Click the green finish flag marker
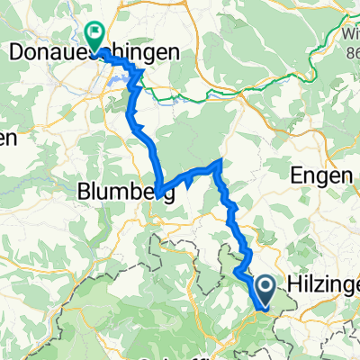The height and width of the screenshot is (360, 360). pyautogui.click(x=94, y=34)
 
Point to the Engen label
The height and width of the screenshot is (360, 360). pyautogui.click(x=322, y=176)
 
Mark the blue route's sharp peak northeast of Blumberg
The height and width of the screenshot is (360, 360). pyautogui.click(x=220, y=161)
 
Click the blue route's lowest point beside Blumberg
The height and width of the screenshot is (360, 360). pyautogui.click(x=157, y=194)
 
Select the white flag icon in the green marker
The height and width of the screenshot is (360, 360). pyautogui.click(x=94, y=32)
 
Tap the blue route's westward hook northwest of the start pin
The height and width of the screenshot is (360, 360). pyautogui.click(x=236, y=270)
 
